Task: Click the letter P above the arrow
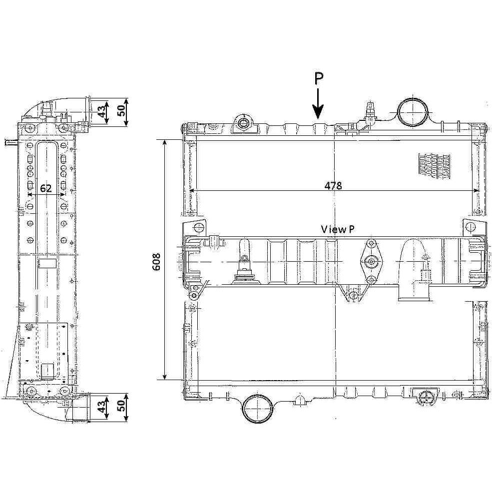click(x=319, y=79)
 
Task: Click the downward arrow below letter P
click(x=318, y=104)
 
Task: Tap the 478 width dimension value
click(x=333, y=186)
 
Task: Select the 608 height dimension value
click(x=156, y=261)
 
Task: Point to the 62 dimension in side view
click(x=46, y=188)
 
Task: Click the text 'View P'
click(x=338, y=229)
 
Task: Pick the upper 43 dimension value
click(x=102, y=112)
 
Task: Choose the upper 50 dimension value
click(x=121, y=110)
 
